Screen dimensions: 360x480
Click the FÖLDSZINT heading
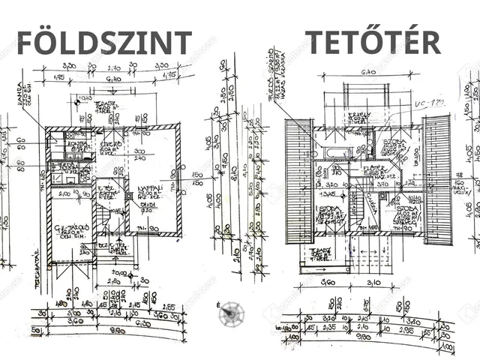coord(104,43)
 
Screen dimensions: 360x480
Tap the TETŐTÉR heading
coord(372,42)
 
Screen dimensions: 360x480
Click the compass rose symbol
coord(231,315)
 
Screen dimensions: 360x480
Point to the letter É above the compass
coord(217,304)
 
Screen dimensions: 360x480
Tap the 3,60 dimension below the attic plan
coord(327,283)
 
